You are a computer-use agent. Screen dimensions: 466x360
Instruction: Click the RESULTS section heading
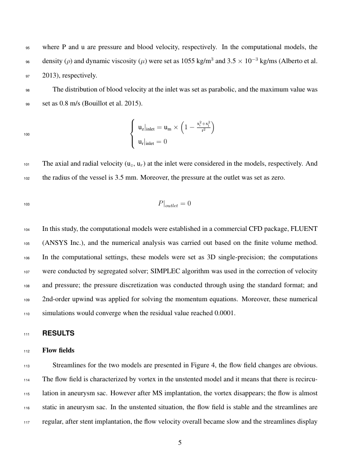[x=58, y=333]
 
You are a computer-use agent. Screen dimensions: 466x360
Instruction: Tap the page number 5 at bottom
[x=180, y=443]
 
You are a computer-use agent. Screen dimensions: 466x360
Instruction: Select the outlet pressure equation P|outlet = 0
[x=174, y=204]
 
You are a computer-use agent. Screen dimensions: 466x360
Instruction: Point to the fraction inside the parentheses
[x=203, y=126]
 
